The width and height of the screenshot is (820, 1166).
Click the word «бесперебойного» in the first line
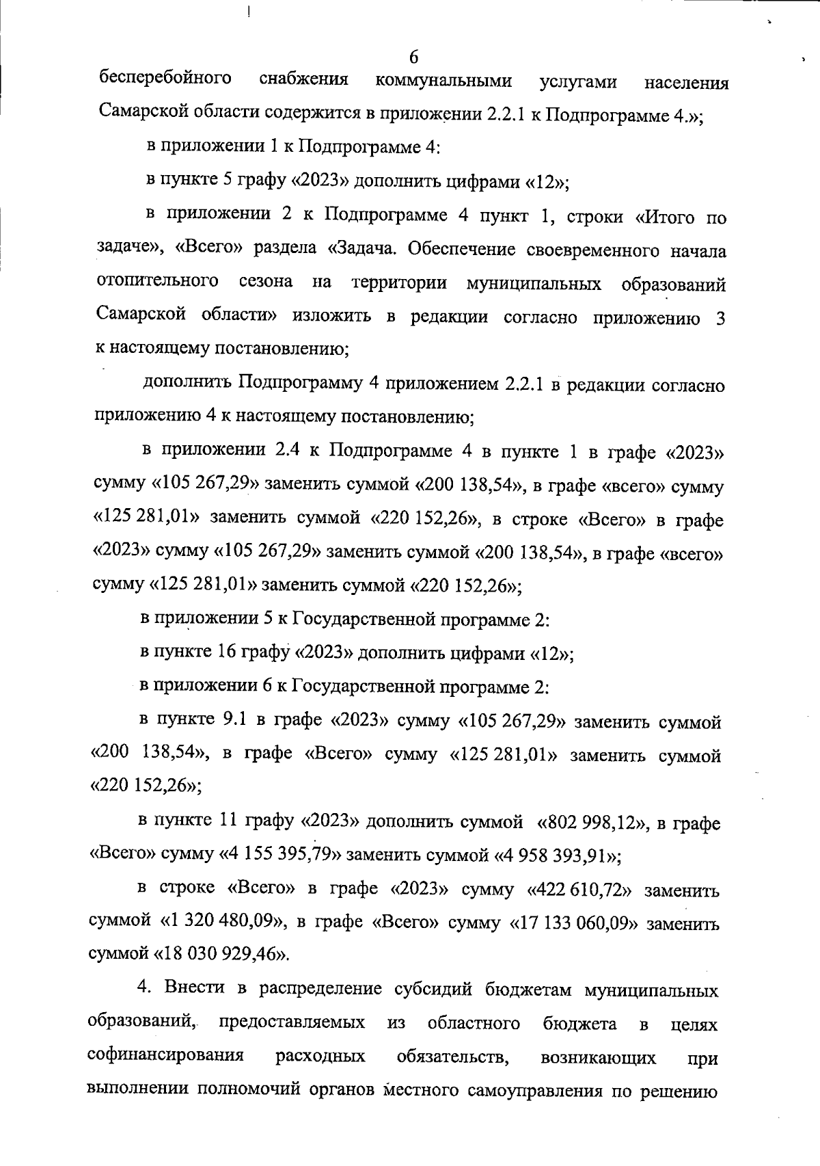165,79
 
